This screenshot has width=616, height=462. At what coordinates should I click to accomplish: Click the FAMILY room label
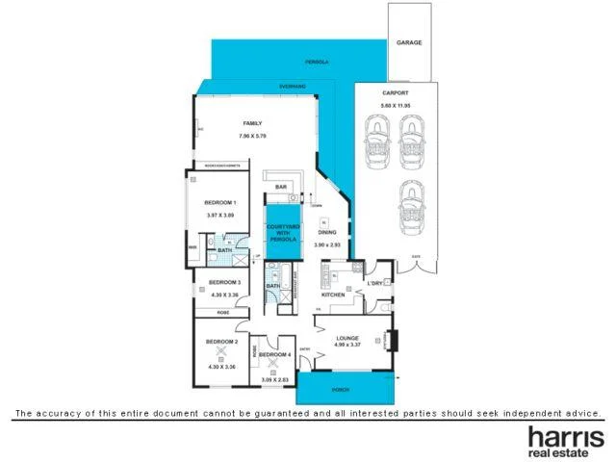[252, 123]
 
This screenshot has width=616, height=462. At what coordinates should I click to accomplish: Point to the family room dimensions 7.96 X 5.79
[252, 136]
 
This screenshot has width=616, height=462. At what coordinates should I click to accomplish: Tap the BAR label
[282, 187]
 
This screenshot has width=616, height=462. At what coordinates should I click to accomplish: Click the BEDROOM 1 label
[220, 202]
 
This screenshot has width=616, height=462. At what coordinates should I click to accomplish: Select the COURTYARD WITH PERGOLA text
[282, 232]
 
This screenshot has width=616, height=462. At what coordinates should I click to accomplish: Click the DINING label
[327, 233]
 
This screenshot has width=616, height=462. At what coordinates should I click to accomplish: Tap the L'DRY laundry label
[375, 284]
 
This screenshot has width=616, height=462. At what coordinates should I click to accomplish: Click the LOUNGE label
[347, 338]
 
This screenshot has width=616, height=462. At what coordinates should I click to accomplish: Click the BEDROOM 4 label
[276, 355]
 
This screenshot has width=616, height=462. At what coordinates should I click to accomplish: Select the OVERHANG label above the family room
[293, 87]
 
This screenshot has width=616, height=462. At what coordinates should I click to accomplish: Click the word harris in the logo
[561, 437]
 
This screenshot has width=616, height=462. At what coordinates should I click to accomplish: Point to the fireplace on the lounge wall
[391, 340]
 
